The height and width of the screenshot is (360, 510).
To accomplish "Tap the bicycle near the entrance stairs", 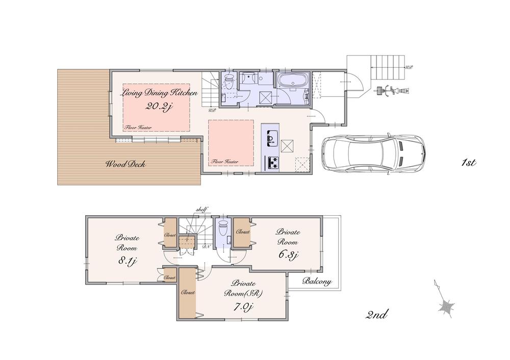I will (x=390, y=91).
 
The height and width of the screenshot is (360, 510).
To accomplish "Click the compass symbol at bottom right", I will (x=446, y=305).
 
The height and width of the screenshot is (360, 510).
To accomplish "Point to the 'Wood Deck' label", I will (x=126, y=164).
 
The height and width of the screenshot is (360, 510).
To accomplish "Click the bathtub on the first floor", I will (x=291, y=81).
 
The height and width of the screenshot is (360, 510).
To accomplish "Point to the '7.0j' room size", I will (x=243, y=306).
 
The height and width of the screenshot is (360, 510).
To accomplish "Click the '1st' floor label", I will (x=468, y=163).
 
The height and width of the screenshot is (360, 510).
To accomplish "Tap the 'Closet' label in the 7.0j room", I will (x=187, y=293).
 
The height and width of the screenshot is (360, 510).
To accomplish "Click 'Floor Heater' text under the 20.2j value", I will (x=138, y=127).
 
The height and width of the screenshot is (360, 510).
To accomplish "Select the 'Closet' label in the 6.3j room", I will (x=243, y=232).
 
